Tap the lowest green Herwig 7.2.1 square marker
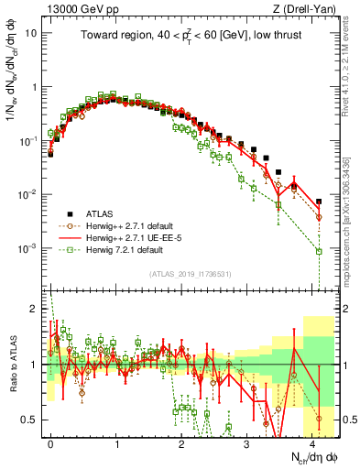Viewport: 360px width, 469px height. pyautogui.click(x=319, y=251)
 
